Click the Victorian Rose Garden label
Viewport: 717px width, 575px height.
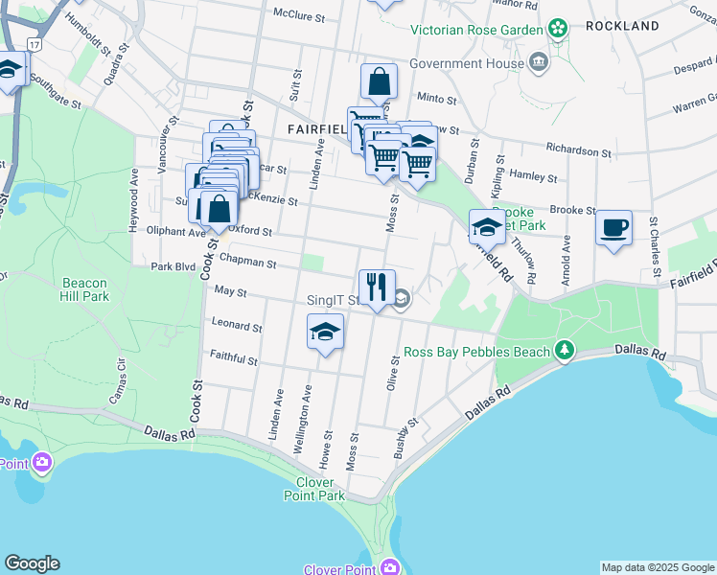(476, 30)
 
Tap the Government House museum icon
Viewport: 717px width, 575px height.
(538, 63)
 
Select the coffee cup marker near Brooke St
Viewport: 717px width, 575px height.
(613, 228)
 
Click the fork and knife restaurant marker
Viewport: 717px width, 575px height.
(377, 287)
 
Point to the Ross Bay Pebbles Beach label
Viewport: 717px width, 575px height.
(476, 352)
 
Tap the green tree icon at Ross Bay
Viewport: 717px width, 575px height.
(566, 351)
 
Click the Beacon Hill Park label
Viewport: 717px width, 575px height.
(85, 289)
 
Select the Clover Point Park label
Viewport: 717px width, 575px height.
(314, 489)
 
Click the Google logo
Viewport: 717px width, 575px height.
(32, 563)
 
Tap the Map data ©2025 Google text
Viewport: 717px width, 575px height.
(658, 567)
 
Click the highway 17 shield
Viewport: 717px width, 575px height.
(35, 45)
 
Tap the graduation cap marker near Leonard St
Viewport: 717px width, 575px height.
(325, 333)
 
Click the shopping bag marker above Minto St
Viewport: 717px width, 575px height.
(379, 82)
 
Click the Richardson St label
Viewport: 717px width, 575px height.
(579, 151)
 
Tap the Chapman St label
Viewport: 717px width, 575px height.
(247, 262)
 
